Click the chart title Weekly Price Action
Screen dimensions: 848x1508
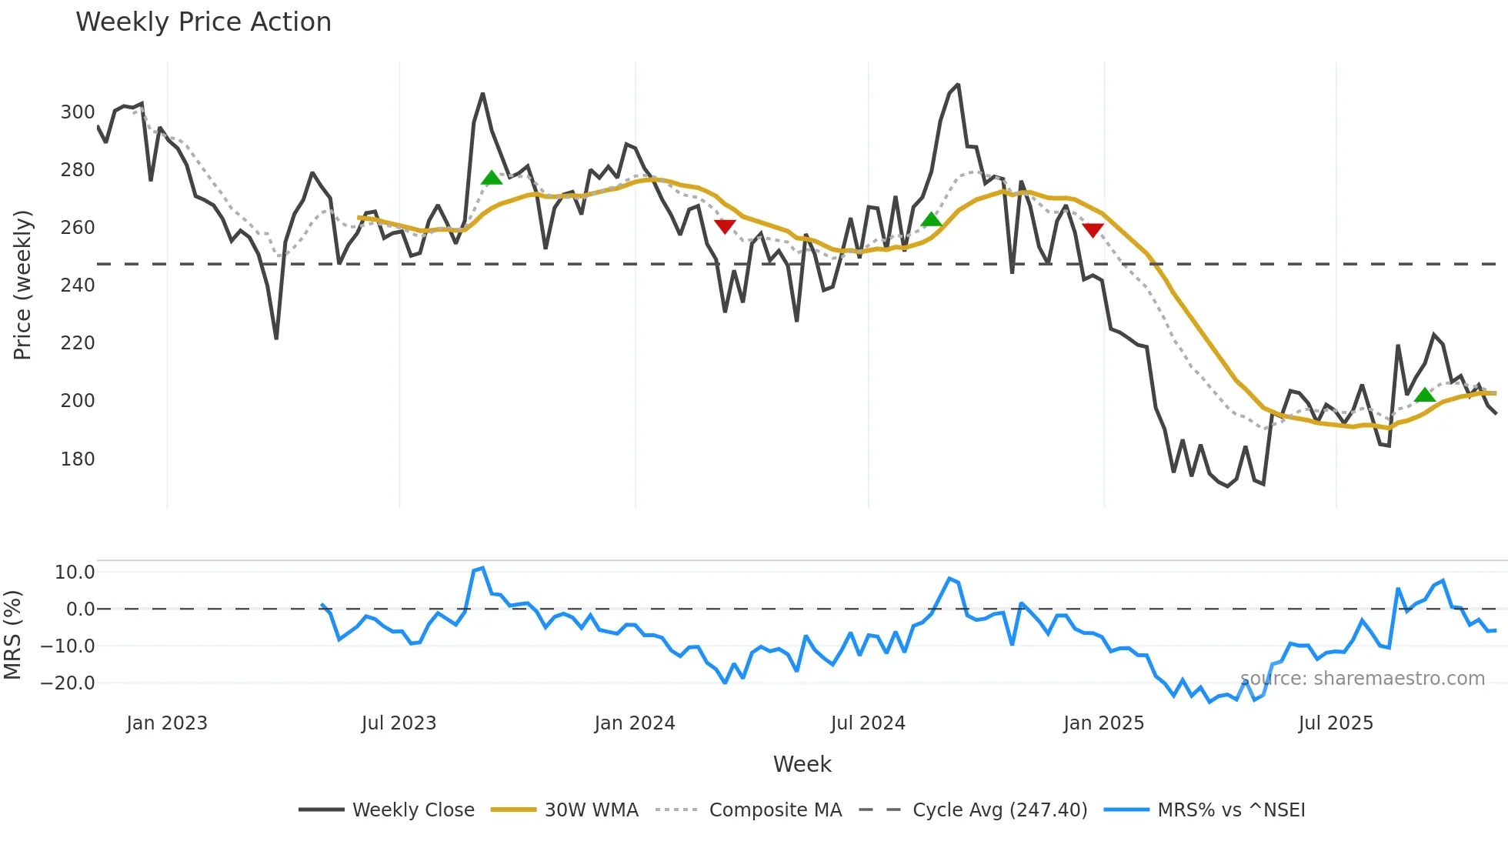coord(203,22)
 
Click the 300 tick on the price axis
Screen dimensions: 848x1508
coord(78,112)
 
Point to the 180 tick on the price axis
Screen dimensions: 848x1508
coord(78,459)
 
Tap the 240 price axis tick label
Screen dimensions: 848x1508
coord(78,285)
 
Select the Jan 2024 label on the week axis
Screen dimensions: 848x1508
coord(635,723)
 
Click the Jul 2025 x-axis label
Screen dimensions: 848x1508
coord(1336,723)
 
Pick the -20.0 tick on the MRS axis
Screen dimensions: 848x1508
coord(68,683)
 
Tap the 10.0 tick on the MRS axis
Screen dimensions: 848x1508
coord(75,573)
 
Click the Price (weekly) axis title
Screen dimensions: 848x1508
coord(22,285)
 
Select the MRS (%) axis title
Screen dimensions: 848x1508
coord(12,635)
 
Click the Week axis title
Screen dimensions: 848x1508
coord(802,764)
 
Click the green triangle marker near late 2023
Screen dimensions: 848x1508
coord(492,179)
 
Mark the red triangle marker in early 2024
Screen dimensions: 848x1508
coord(725,226)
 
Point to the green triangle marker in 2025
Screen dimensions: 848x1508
coord(1424,396)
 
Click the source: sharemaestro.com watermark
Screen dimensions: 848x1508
coord(1362,679)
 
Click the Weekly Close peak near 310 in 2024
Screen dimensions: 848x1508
coord(957,85)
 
